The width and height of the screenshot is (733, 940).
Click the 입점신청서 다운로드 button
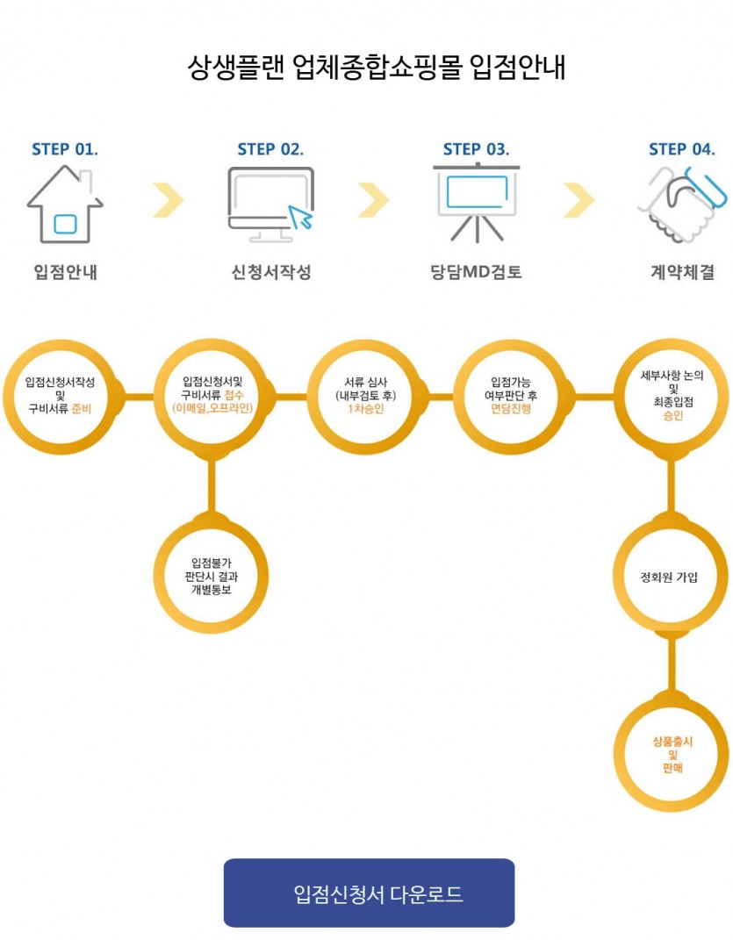[x=369, y=893]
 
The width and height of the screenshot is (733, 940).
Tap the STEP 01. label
[x=65, y=149]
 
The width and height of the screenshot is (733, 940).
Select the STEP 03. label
[x=476, y=149]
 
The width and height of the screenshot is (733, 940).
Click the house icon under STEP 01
[x=65, y=207]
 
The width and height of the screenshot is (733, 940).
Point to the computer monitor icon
[x=270, y=200]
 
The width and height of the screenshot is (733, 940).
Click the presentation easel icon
[x=476, y=202]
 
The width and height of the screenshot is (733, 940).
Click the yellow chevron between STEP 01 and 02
[x=168, y=200]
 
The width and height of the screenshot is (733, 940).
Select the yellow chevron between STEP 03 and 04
[x=578, y=200]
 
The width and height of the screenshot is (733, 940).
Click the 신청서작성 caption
[x=270, y=273]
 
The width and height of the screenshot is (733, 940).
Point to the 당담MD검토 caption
[x=476, y=273]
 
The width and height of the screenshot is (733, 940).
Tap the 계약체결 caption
[x=681, y=273]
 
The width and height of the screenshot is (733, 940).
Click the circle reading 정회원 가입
[x=671, y=577]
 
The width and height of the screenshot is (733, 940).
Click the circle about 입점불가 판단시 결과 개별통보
[x=210, y=577]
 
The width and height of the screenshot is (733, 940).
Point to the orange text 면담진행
[x=514, y=408]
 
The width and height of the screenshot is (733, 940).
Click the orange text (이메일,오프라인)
[x=212, y=408]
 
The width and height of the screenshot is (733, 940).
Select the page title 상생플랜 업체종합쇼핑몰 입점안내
[x=377, y=68]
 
